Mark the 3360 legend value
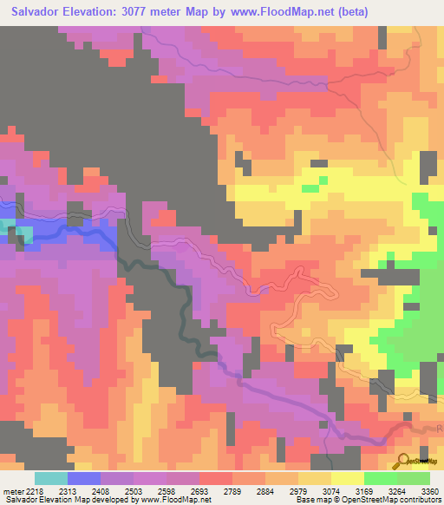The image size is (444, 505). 431,490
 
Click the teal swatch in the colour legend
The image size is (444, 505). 51,478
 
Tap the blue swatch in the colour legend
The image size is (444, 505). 84,478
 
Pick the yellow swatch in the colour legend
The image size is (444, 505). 348,478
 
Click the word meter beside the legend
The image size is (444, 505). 15,490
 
